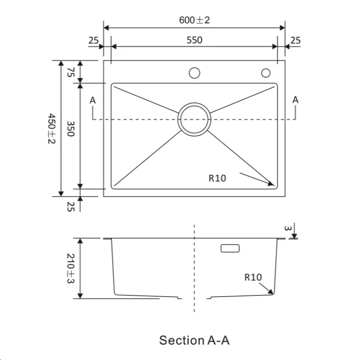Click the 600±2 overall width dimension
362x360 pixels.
pos(194,20)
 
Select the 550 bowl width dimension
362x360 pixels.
pos(194,41)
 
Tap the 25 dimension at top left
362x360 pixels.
pos(94,41)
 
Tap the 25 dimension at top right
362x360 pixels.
pos(295,41)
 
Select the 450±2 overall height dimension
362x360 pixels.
pos(52,128)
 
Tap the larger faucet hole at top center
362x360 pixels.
pos(194,73)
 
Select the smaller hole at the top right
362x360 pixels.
pos(266,73)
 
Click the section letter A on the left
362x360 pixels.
pos(93,100)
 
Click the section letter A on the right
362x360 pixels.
pos(295,100)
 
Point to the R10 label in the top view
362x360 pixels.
pos(217,178)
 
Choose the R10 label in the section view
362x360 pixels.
pos(253,277)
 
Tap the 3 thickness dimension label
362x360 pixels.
pos(289,228)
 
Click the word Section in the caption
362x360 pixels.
pos(180,340)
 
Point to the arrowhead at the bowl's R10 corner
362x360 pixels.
pos(271,184)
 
